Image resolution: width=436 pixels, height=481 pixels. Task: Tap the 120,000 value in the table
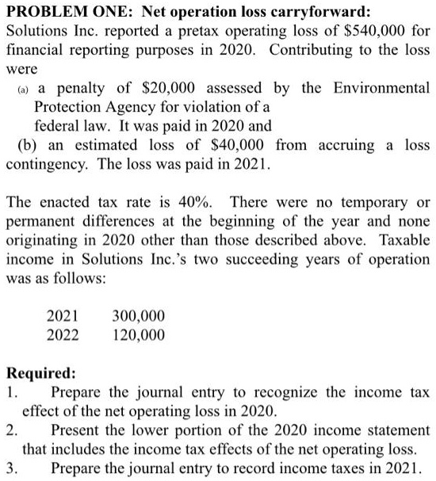[140, 334]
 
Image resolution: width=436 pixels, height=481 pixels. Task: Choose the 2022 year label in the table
[63, 334]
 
